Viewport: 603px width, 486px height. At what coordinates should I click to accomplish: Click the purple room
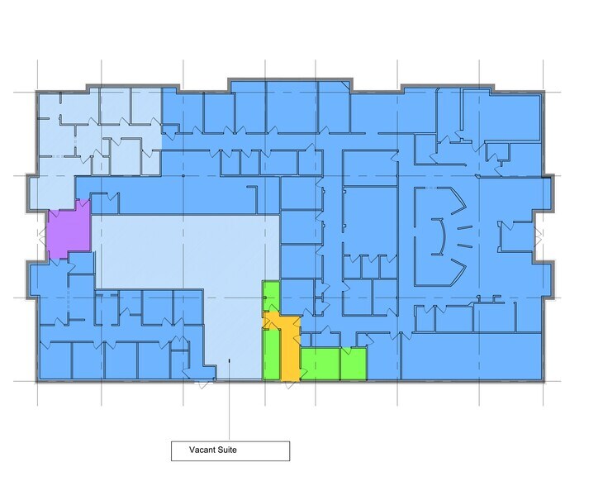pos(66,232)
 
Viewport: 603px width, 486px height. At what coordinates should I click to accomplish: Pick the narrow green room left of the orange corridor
pos(270,355)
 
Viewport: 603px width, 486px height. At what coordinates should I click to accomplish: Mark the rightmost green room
pos(354,364)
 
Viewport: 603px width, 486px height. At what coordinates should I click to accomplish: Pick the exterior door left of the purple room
pos(41,236)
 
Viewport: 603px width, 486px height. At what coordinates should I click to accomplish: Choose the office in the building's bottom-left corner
pos(55,360)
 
